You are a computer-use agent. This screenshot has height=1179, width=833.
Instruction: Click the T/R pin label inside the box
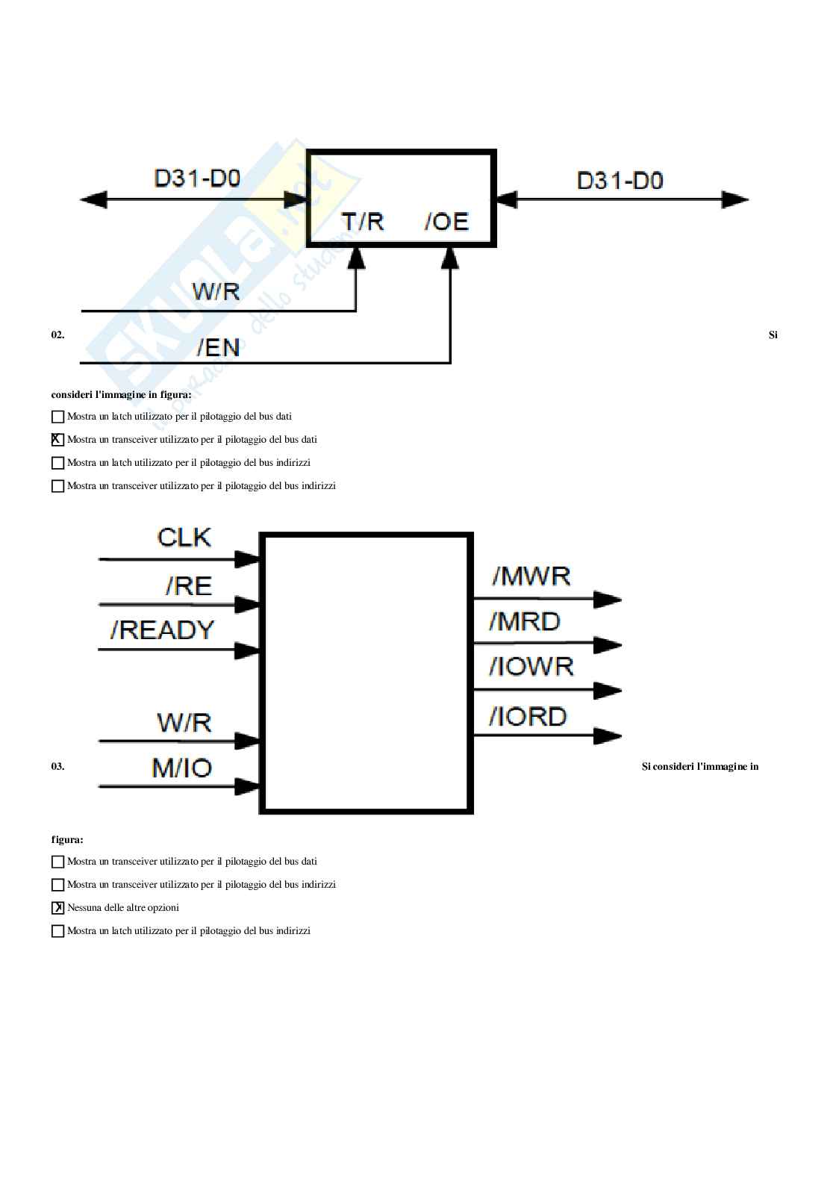coord(363,222)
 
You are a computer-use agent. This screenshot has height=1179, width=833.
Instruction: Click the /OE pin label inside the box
coord(446,222)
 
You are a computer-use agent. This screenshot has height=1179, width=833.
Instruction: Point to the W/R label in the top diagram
coord(216,291)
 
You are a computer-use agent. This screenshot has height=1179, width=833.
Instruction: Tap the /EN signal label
coord(218,347)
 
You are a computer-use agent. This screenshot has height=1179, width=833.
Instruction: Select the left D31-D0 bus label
coord(197,179)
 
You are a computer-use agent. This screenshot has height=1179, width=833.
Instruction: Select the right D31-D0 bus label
coord(620,181)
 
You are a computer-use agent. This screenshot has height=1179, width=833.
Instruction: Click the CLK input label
coord(184,538)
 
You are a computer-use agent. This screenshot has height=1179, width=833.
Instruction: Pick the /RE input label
coord(189,586)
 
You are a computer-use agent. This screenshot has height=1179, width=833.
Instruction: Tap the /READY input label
coord(163,630)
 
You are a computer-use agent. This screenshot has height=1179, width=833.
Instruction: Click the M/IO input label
coord(182,768)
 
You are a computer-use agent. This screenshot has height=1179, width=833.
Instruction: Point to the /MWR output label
coord(531,576)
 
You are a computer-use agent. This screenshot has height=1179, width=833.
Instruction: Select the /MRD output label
coord(525,621)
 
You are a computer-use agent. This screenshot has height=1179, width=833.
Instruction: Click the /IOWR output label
coord(531,665)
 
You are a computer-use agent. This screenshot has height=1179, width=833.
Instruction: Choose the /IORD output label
coord(528,717)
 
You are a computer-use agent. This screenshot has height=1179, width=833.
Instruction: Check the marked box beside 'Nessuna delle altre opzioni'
coord(57,908)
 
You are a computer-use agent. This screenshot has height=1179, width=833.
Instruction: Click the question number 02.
coord(57,335)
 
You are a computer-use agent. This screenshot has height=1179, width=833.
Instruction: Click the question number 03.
coord(57,766)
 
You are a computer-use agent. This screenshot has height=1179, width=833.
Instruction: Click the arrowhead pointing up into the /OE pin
coord(449,258)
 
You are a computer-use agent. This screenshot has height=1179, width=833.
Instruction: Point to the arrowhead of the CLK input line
coord(246,559)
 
